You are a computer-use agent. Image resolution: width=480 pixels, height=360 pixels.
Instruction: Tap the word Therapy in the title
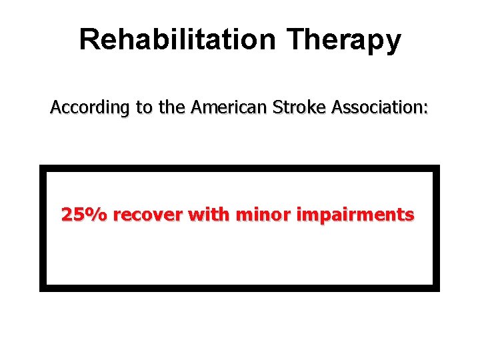[x=345, y=41]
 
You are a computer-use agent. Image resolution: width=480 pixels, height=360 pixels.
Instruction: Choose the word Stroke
[x=289, y=107]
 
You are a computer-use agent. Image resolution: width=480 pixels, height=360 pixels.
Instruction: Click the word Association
[x=367, y=107]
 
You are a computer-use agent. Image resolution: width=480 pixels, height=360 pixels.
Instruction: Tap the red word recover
[x=147, y=215]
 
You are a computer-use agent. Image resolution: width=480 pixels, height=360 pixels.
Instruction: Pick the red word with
[x=208, y=215]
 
